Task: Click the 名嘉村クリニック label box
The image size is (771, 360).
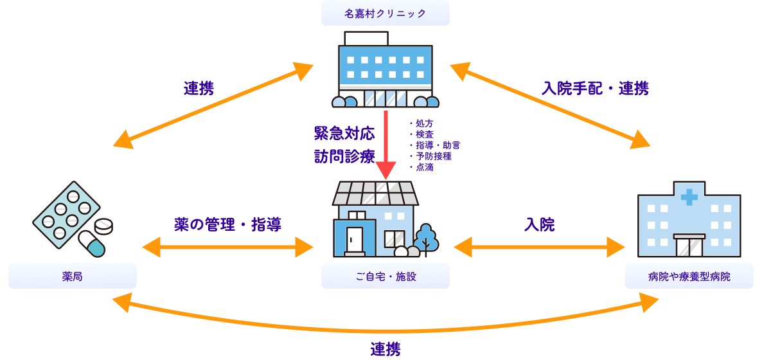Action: pos(385,14)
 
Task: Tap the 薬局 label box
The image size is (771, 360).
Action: pos(72,276)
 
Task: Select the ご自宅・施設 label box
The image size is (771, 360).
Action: pos(385,276)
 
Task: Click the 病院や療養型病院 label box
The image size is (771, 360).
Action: pos(689,276)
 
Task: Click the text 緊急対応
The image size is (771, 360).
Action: pos(344,133)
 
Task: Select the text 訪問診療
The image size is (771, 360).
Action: pos(344,156)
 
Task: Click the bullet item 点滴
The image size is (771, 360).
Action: pos(424,167)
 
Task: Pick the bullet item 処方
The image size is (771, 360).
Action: pos(424,123)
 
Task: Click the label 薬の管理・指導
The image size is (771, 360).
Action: pos(227,224)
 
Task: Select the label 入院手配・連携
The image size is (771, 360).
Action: pos(594,88)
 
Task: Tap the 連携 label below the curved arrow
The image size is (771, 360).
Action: pos(385,349)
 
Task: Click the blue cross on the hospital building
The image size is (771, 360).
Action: pos(689,197)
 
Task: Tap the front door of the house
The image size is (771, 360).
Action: pos(354,240)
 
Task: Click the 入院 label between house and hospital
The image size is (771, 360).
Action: pos(539,224)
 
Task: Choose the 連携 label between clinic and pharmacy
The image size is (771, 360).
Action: pos(199,88)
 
